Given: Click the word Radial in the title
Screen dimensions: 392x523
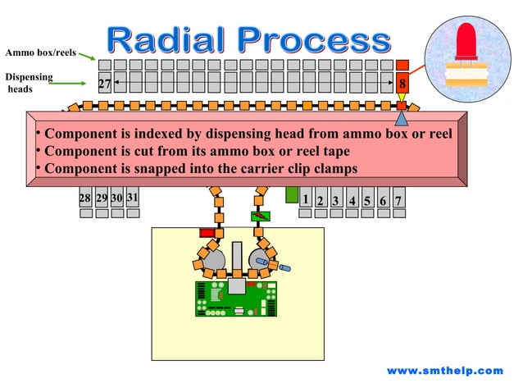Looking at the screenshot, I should tap(168, 40).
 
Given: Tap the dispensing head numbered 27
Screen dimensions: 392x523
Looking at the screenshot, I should tap(104, 84).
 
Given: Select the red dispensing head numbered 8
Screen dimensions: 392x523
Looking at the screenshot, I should tap(402, 84).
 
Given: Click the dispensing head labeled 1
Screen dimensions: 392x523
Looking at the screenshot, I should tap(305, 199).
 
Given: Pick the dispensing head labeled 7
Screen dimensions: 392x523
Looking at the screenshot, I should tap(399, 200).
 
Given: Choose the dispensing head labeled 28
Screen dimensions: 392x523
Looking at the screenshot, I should tap(85, 199).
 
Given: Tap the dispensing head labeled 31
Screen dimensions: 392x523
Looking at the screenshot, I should tap(133, 199).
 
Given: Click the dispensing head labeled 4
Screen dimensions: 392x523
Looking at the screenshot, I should tap(352, 200).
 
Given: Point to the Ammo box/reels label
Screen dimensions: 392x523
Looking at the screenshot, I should tap(40, 53).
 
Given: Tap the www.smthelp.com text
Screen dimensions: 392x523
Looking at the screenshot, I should tap(444, 371).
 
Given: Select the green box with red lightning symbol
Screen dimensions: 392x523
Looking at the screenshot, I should tap(260, 217).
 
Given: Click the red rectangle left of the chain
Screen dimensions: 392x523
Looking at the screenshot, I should tap(207, 233).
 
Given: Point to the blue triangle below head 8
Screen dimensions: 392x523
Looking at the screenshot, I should tap(401, 120).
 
